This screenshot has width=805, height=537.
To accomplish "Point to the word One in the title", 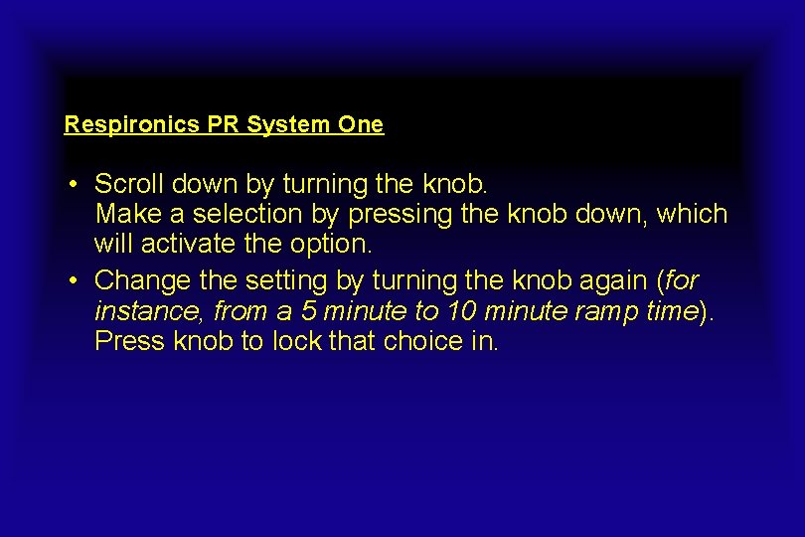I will click(x=361, y=125).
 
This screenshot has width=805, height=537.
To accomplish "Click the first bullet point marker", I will click(x=75, y=185).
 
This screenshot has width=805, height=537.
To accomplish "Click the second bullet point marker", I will click(x=75, y=282).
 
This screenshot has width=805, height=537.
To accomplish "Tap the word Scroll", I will click(x=129, y=184).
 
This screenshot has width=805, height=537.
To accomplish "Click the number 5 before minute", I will click(x=309, y=311).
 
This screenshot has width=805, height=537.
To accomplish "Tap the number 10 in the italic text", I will click(x=461, y=311).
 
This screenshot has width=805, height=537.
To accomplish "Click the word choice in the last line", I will click(x=422, y=341).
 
